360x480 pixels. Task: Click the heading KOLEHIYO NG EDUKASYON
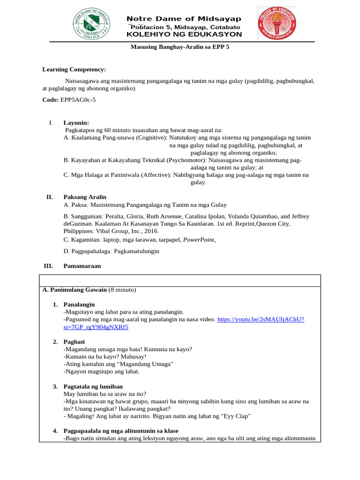coord(184,34)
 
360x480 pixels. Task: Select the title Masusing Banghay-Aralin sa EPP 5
coord(180,47)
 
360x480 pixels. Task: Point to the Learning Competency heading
coord(74,69)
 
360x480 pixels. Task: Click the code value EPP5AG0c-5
coord(78,100)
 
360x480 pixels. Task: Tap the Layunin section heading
coord(76,123)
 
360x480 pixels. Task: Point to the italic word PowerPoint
coord(199,240)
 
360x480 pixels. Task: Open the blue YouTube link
coord(261,319)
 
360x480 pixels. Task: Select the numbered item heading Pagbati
coord(75,341)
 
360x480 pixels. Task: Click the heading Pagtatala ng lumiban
coord(93,386)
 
